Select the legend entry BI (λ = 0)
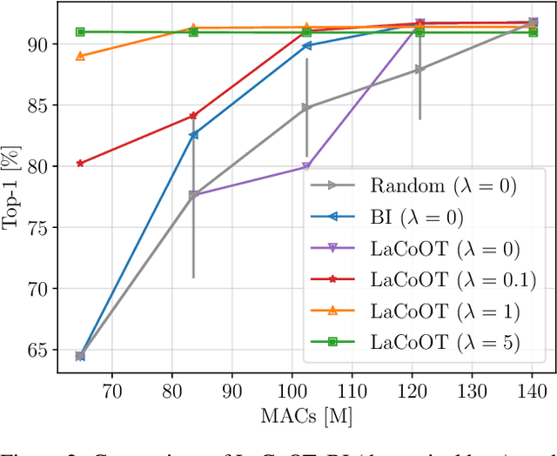click(413, 217)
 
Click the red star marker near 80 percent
click(80, 164)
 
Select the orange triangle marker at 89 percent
click(80, 56)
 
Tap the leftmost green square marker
click(80, 31)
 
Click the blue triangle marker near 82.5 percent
click(193, 135)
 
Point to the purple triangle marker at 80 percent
click(306, 167)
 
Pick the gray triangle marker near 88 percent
click(419, 69)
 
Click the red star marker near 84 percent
click(193, 116)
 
